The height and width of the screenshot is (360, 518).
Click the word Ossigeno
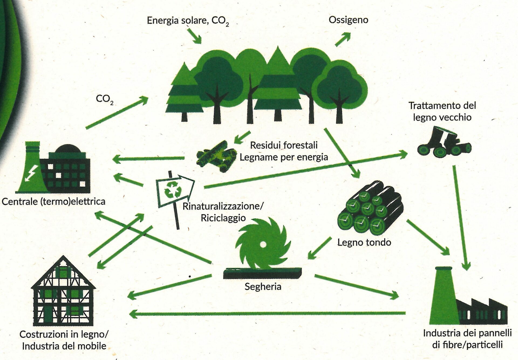(x=348, y=20)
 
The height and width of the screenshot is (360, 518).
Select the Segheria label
(x=263, y=286)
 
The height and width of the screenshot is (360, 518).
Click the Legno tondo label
(x=364, y=242)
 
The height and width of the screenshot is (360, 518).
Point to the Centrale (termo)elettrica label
(x=53, y=201)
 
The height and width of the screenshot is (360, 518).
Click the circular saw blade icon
(x=263, y=244)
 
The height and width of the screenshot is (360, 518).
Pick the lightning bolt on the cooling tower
(x=32, y=173)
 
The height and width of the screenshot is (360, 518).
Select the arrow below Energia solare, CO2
(x=194, y=36)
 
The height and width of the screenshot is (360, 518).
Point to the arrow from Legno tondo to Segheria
(x=319, y=248)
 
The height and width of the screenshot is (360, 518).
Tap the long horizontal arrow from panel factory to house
(x=267, y=314)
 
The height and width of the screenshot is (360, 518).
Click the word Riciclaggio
(x=223, y=218)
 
